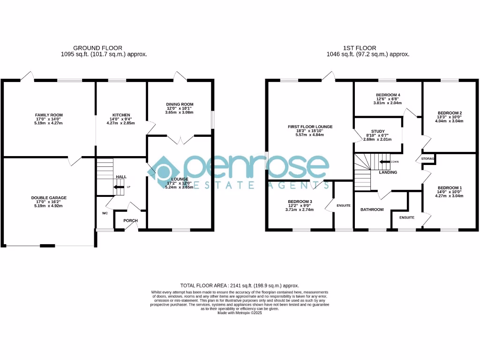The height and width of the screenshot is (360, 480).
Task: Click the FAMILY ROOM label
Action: tap(49, 115)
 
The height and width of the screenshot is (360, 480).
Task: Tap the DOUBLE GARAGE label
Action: tap(49, 197)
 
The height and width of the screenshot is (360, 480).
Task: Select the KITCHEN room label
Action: tap(118, 115)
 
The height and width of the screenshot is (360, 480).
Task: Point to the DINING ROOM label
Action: tap(180, 104)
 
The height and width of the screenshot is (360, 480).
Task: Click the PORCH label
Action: tap(130, 220)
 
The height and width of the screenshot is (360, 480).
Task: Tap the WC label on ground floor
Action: tap(105, 213)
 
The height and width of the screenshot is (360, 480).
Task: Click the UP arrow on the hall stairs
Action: tap(120, 187)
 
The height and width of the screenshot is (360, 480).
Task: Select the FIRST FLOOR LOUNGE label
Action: tap(310, 127)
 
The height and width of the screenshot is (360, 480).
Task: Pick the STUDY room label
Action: tap(377, 131)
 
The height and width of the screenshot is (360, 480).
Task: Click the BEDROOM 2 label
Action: tap(450, 113)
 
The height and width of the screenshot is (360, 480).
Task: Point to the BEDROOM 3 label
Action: tap(300, 202)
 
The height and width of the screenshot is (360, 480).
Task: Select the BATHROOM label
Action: tap(372, 210)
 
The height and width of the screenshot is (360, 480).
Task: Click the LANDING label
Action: tap(388, 172)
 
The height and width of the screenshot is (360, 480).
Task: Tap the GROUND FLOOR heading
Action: tap(97, 48)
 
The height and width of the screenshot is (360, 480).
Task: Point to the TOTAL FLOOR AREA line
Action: tap(240, 285)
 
